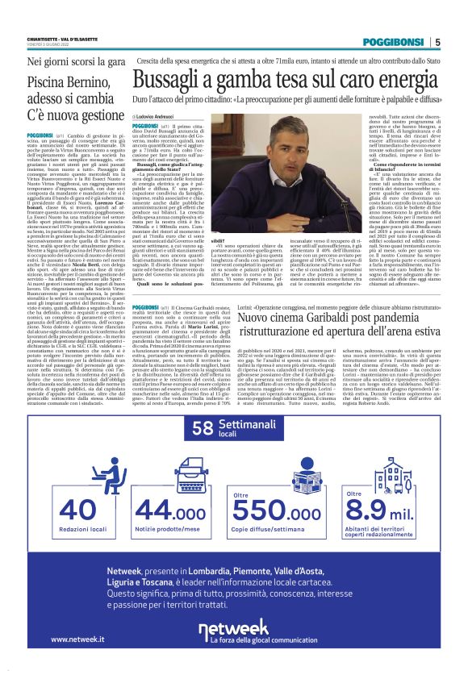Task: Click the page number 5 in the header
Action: [437, 42]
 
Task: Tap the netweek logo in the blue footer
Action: [233, 629]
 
